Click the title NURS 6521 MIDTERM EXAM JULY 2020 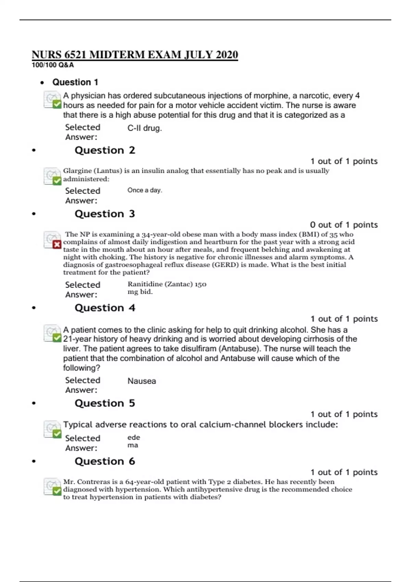tap(135, 55)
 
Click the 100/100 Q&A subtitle tap(53, 65)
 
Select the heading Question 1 tap(75, 82)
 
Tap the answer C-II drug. tap(144, 128)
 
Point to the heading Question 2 tap(105, 150)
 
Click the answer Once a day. tap(145, 190)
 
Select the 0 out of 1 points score tap(344, 225)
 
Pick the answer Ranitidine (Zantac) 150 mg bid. tap(166, 288)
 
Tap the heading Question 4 tap(105, 308)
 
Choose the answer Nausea tap(141, 381)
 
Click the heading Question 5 tap(105, 403)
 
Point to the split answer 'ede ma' tap(133, 441)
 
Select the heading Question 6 tap(105, 461)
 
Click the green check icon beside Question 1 tap(57, 104)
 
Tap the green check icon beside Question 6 tap(57, 491)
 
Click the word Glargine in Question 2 tap(77, 171)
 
